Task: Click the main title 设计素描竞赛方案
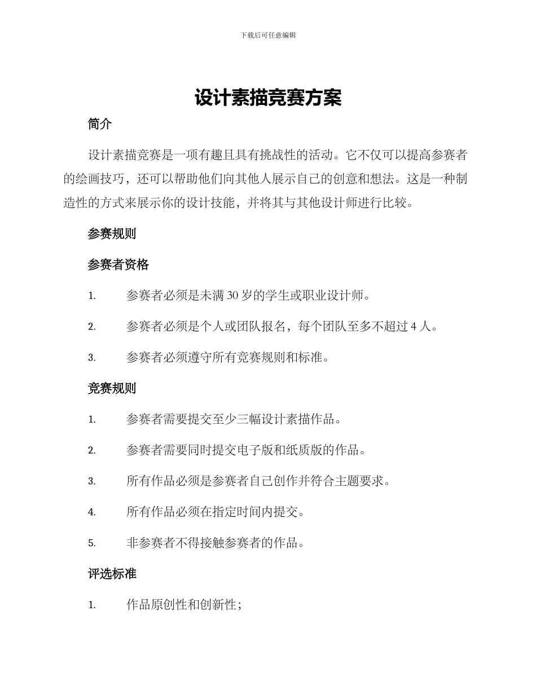click(268, 98)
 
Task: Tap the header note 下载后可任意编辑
click(268, 35)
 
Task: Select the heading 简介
click(100, 125)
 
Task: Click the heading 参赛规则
click(112, 234)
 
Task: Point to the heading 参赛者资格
click(118, 265)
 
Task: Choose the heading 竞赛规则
click(112, 388)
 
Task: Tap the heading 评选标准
click(112, 574)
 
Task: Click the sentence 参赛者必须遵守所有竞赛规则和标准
click(227, 357)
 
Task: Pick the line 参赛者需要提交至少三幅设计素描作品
click(234, 419)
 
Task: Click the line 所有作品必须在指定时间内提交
click(216, 512)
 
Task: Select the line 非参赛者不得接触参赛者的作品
click(216, 543)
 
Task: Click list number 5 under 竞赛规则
click(91, 544)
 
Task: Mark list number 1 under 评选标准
click(91, 605)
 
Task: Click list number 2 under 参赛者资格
click(91, 327)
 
